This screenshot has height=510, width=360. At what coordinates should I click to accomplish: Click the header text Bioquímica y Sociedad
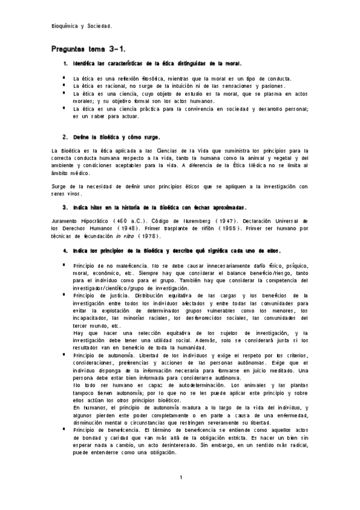pyautogui.click(x=82, y=26)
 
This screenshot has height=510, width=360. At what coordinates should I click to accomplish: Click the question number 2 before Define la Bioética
pyautogui.click(x=65, y=137)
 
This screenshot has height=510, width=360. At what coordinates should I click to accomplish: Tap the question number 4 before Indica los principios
pyautogui.click(x=65, y=250)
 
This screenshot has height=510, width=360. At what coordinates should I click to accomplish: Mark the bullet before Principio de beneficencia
pyautogui.click(x=63, y=431)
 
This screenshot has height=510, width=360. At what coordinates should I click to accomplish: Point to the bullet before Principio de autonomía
pyautogui.click(x=63, y=355)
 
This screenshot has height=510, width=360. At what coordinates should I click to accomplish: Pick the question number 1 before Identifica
pyautogui.click(x=65, y=63)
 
